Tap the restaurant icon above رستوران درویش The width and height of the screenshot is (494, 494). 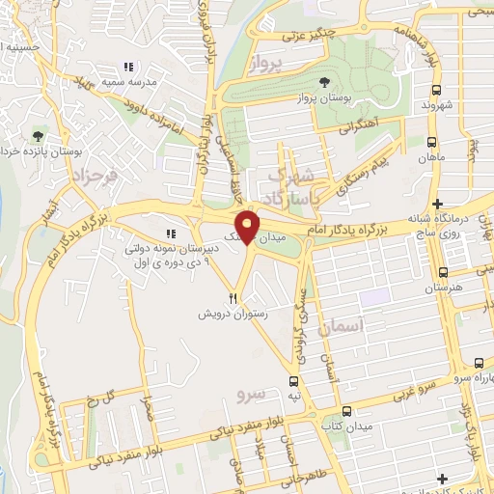tap(233, 298)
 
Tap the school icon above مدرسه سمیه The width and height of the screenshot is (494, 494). tap(127, 67)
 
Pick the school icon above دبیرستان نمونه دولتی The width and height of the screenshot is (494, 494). tap(171, 233)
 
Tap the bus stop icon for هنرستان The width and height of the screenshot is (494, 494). tap(444, 272)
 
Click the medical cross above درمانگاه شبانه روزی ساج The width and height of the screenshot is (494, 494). tap(439, 205)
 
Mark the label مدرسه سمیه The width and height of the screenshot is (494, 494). tap(127, 83)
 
